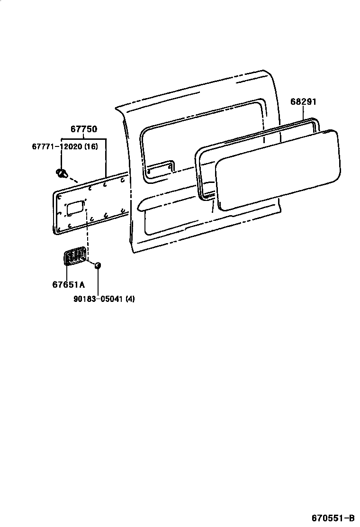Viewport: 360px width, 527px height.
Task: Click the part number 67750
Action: coord(84,129)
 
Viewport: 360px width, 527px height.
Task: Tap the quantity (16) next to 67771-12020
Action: coord(91,146)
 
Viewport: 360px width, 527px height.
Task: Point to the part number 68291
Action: coord(304,102)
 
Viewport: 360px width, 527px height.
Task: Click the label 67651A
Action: coord(68,284)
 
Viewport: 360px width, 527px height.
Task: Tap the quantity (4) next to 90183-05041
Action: coord(130,299)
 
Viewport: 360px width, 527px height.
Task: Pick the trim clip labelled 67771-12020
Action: coord(61,173)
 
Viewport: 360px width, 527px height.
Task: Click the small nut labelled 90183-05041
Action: coord(97,265)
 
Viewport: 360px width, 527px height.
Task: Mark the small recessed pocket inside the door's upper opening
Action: coord(160,168)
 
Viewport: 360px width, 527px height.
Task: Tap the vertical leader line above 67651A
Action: coord(67,273)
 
